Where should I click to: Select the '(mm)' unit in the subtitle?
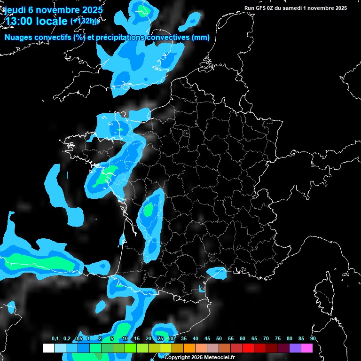point(201,38)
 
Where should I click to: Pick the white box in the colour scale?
point(48,348)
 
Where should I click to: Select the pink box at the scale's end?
point(306,348)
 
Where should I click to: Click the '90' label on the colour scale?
point(313,339)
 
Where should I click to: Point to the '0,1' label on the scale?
point(55,339)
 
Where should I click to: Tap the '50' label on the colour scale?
point(219,339)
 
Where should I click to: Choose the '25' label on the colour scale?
point(160,339)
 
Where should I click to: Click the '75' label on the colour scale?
point(278,339)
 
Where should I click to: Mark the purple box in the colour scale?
point(295,348)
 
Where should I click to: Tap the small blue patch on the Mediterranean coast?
point(217,272)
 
